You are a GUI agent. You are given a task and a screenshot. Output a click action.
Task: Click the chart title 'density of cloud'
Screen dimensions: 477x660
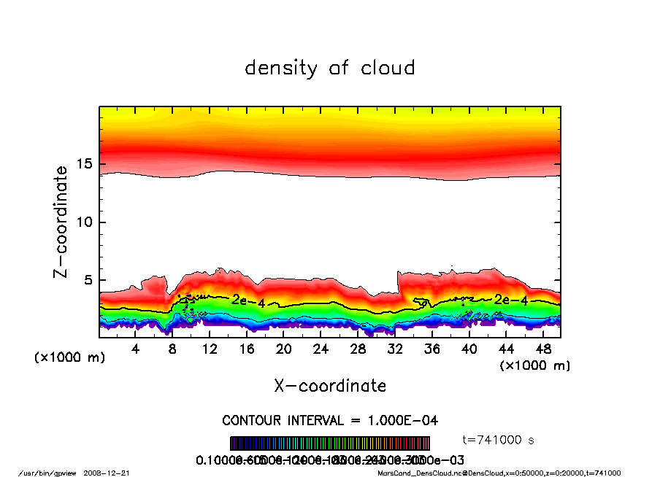pos(329,69)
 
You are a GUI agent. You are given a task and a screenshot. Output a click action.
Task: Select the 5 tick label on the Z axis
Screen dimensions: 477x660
pos(91,280)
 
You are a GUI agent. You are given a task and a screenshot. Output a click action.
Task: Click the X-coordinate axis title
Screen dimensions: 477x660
pos(330,386)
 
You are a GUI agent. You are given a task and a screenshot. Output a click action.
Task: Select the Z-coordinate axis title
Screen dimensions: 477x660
pos(61,222)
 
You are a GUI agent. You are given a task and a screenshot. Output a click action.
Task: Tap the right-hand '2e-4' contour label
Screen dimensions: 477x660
pos(510,300)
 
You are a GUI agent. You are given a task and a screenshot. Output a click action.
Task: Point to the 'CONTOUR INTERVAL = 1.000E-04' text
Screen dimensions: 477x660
pos(330,421)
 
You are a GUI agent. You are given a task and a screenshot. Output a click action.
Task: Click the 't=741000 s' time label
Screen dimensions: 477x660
pos(500,440)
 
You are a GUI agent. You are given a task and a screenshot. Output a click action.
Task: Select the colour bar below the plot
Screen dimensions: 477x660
pos(330,443)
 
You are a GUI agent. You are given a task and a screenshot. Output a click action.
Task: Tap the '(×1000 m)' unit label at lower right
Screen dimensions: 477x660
pos(534,365)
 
